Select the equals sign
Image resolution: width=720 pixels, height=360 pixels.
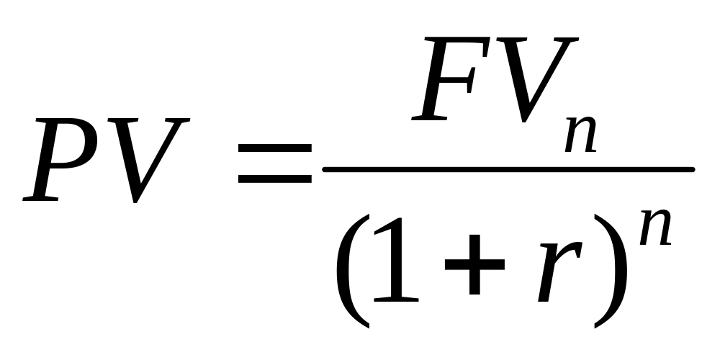point(276,163)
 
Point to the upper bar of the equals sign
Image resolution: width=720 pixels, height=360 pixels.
point(276,147)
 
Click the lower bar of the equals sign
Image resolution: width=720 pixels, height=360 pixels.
point(276,177)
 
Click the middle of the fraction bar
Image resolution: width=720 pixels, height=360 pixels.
point(508,170)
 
